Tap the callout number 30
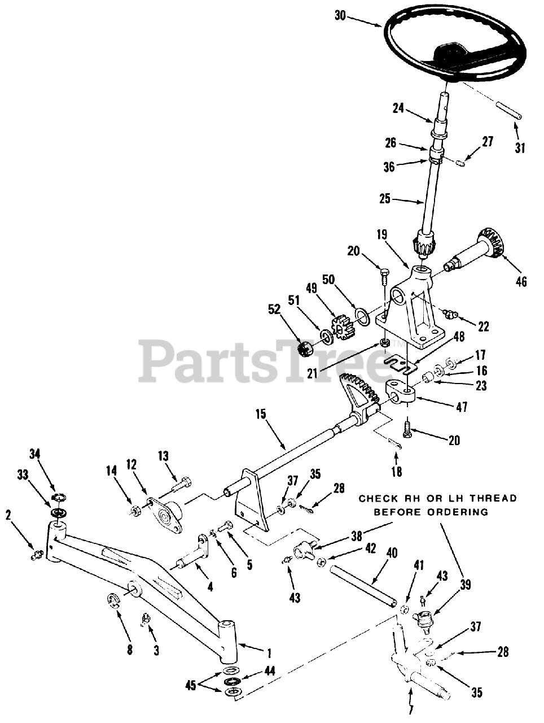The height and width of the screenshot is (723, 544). [x=340, y=16]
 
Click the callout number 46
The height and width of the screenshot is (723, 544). [x=521, y=281]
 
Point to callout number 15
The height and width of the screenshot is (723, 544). [x=260, y=413]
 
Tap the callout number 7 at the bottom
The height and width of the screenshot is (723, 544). [x=411, y=709]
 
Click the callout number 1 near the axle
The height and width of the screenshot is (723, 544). [x=269, y=654]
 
